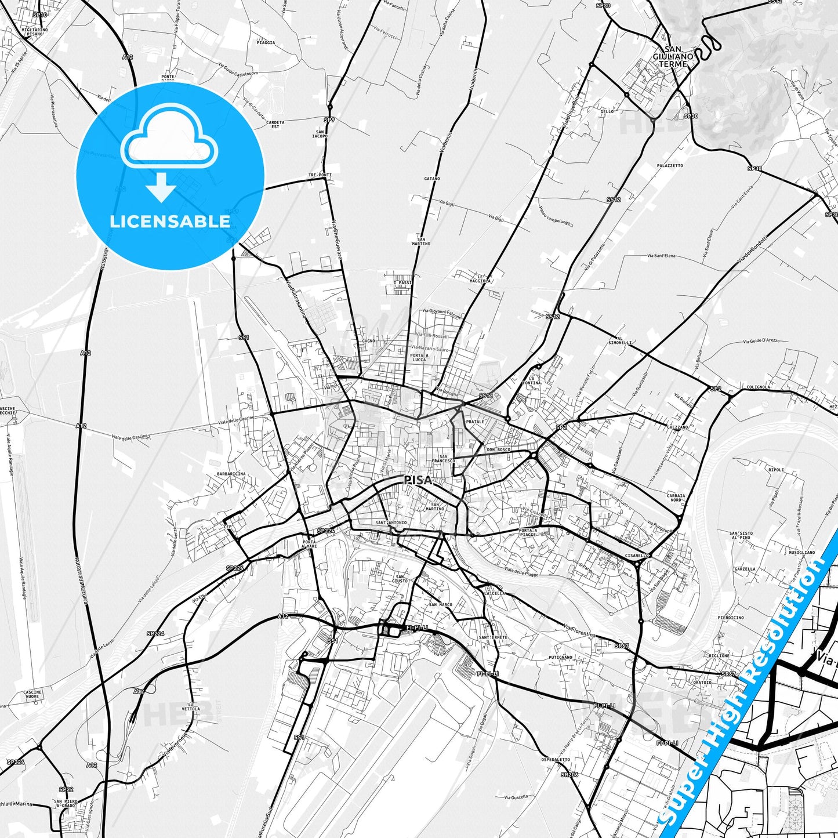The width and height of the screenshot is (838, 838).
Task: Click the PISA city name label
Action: coord(418,480)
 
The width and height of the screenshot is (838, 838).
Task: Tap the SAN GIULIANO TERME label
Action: coord(673,56)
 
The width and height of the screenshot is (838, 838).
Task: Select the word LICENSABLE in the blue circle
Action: coord(170,222)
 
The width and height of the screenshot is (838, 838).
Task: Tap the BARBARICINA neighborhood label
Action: coord(231,474)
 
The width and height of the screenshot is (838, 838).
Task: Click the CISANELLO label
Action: coord(637,556)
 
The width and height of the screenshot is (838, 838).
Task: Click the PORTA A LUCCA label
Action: coord(418,357)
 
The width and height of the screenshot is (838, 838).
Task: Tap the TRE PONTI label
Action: coord(320,175)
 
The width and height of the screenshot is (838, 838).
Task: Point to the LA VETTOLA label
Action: coord(191,706)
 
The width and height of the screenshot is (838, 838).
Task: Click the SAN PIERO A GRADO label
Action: coord(66,804)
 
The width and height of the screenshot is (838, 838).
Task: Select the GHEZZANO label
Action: coord(677,427)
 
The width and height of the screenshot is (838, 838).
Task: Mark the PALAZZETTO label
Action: coord(670,165)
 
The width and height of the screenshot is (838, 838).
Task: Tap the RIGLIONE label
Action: coord(719,656)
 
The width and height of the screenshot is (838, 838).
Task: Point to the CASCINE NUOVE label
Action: coord(32,695)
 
